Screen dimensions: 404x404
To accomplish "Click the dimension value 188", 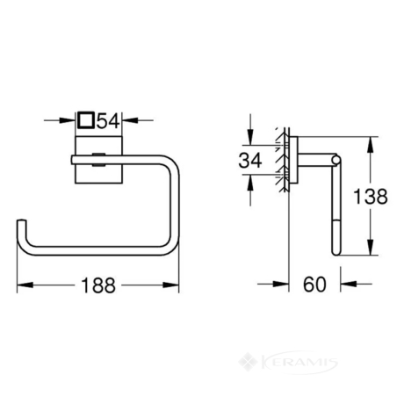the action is coord(98,285).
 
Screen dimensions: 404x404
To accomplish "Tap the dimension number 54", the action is coord(108,121).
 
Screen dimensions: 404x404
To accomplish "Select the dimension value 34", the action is coord(250,161).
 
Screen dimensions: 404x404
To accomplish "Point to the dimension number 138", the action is coord(371,196).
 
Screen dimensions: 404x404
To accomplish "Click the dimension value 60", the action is coord(314,285).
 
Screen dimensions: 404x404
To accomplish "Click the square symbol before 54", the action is coord(86,119).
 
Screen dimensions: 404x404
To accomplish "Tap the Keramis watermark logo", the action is coord(288,363).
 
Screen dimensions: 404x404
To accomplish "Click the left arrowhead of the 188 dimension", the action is coord(25,285).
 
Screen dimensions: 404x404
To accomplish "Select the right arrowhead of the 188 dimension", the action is coord(170,285).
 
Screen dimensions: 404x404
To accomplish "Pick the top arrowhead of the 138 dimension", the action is coord(371,145).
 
